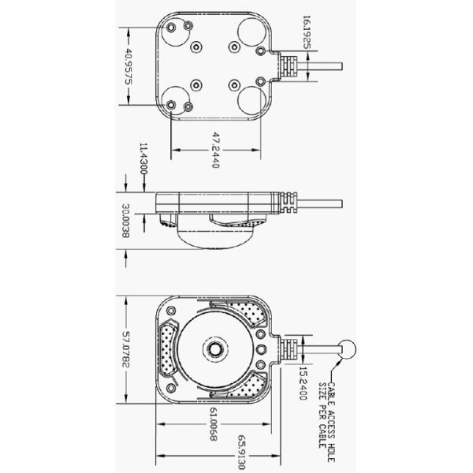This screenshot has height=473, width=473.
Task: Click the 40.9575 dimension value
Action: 128,66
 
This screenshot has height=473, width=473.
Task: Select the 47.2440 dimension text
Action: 215,150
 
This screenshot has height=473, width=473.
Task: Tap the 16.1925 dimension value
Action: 307,32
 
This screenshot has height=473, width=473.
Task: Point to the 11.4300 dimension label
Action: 143,159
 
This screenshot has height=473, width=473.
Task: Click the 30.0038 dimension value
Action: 126,221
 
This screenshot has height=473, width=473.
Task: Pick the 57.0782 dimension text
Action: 126,349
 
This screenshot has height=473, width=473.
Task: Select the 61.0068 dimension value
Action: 214,424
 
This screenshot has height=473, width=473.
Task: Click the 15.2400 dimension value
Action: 303,383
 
